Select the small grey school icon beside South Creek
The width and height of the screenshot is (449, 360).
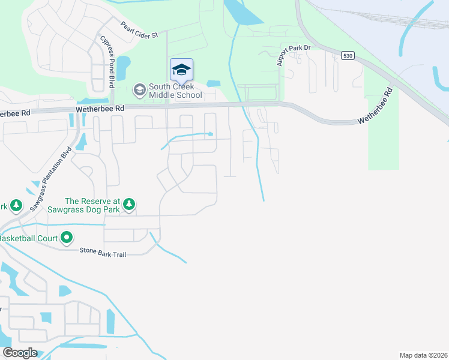point(139,91)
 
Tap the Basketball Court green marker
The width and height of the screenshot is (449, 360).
point(67,238)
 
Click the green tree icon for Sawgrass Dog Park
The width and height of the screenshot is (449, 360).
point(129,206)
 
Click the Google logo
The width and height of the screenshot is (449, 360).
point(20,353)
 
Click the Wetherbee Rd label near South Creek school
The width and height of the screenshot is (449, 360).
point(100,109)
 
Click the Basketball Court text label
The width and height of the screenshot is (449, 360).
point(29,238)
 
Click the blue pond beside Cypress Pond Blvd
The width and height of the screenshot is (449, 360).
point(123,67)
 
